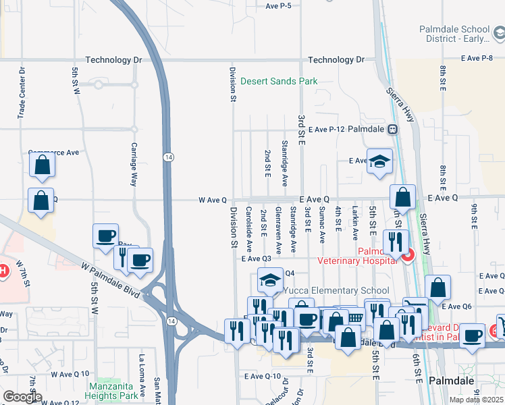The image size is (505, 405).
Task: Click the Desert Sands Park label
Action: pos(279,81)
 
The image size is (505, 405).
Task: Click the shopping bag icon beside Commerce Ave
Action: pos(42,165)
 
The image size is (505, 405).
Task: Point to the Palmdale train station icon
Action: pos(392,129)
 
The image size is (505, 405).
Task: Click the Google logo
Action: pos(22,398)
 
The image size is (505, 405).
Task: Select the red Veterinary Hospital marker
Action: pos(407,255)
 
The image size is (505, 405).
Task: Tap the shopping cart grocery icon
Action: pos(354,319)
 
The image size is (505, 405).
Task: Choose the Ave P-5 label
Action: pos(278,5)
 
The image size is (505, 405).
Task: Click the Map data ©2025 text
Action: pos(477,400)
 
